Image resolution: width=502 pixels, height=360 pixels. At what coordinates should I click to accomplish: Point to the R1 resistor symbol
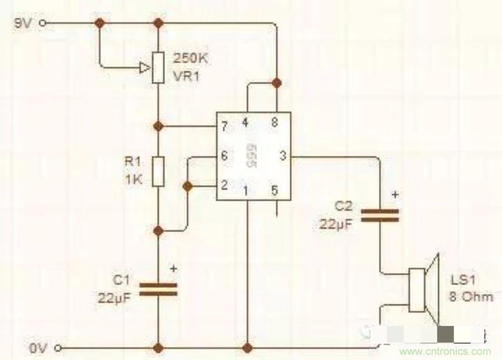[x=158, y=172]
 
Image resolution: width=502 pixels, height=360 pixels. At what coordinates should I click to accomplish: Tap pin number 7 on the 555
[x=224, y=126]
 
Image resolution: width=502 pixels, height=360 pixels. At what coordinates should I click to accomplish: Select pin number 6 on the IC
[x=224, y=156]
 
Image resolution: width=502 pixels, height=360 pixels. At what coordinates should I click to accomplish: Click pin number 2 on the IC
[x=224, y=185]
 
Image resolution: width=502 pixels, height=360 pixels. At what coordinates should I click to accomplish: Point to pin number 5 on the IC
[x=274, y=190]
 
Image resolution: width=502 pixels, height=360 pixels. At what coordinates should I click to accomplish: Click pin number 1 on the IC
[x=246, y=190]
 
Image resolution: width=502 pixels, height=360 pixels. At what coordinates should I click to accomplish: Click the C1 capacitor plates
[x=158, y=289]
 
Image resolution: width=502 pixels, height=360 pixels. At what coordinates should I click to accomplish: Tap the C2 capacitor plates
[x=380, y=215]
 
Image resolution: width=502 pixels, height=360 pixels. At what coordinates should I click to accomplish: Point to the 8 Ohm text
[x=471, y=296]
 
